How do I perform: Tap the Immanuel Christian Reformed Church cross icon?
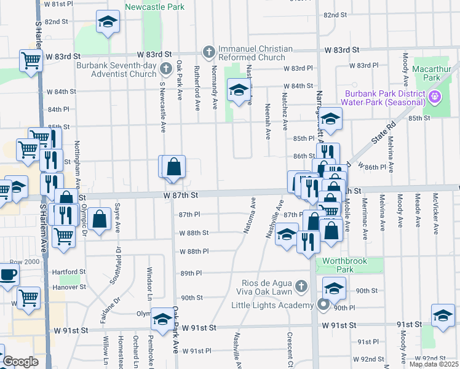[208, 53]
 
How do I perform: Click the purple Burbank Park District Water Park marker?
[435, 97]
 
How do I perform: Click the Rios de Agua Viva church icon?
[301, 287]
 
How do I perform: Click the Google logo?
[20, 362]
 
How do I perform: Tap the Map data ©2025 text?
[434, 364]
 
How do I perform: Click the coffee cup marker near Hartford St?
[8, 274]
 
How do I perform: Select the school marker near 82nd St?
[108, 23]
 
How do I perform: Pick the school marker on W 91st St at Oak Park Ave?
[163, 319]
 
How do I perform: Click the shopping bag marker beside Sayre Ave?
[99, 218]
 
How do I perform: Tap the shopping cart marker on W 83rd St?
[31, 60]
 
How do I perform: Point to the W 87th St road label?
[181, 195]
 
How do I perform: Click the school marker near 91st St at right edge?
[443, 315]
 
